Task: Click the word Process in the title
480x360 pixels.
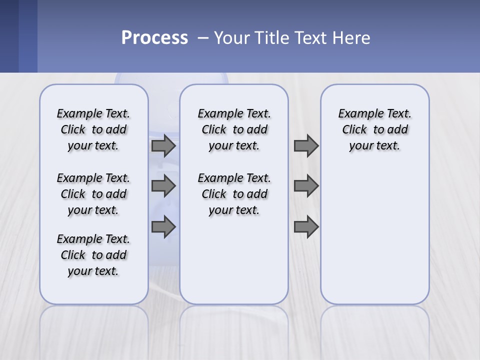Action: tap(154, 38)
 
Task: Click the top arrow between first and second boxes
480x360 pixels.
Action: tap(163, 146)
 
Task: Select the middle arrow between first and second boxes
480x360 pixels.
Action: tap(163, 186)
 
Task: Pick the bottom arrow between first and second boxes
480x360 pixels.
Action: tap(163, 227)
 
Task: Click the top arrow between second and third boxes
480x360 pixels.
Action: tap(306, 146)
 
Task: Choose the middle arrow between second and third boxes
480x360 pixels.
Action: tap(306, 186)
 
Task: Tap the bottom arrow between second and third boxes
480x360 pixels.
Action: tap(306, 227)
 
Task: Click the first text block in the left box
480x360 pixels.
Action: tap(93, 129)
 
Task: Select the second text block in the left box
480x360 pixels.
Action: tap(93, 194)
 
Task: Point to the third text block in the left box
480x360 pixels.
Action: tap(93, 255)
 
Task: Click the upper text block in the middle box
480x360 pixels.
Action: tap(234, 129)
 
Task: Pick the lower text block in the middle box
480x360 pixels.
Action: tap(234, 194)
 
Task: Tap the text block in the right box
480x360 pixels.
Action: tap(375, 129)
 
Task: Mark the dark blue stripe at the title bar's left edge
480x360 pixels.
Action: tap(9, 36)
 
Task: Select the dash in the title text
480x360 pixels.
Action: tap(203, 38)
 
